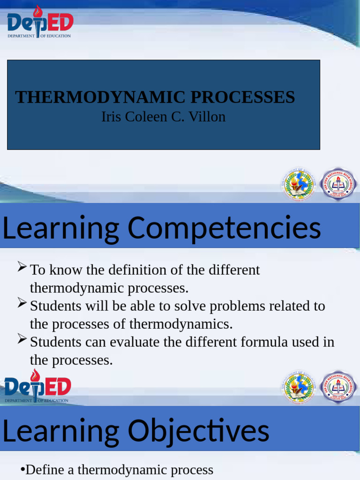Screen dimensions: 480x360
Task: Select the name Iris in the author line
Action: coord(110,117)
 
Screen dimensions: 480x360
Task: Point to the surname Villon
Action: coord(207,117)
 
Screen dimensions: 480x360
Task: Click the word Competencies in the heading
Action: coord(224,228)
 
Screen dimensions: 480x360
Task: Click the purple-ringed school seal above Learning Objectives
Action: coord(338,387)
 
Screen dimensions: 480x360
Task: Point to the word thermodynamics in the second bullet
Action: coord(180,324)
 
